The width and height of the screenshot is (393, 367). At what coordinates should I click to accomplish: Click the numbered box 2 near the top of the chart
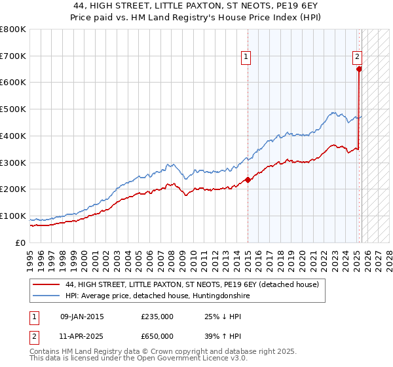point(358,57)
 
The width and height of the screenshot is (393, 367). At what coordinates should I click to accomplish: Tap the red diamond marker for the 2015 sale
point(248,180)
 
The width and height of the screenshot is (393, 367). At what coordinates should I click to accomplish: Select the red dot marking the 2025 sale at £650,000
point(359,68)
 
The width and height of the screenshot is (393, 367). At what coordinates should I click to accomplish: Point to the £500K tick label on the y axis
point(13,109)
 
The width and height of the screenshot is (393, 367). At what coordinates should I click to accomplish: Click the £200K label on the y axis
point(13,189)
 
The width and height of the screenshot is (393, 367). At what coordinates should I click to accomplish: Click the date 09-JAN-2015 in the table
point(82,317)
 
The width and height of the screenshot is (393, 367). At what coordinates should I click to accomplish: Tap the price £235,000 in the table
point(157,317)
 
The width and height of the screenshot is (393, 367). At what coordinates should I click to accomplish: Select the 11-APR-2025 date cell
point(82,336)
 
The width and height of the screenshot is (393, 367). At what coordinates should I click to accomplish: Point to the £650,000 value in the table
point(157,336)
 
